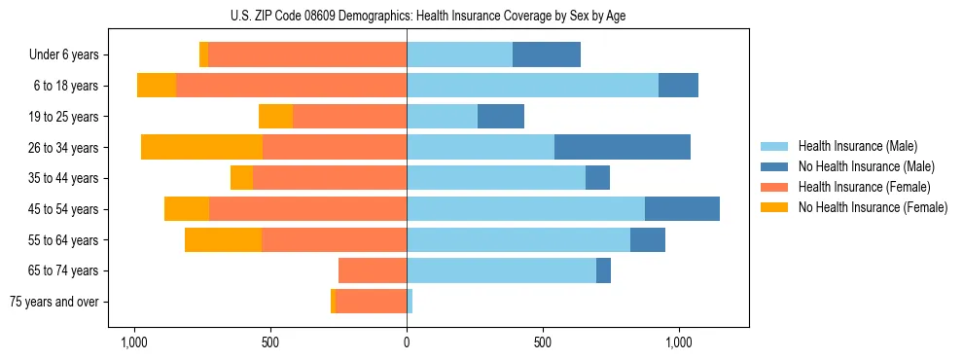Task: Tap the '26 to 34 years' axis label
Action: click(x=63, y=148)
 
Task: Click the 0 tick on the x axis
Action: click(x=407, y=342)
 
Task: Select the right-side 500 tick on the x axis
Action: click(x=543, y=342)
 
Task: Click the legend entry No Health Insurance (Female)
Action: click(x=872, y=207)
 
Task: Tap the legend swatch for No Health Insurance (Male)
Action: click(x=774, y=166)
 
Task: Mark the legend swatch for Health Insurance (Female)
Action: click(x=774, y=187)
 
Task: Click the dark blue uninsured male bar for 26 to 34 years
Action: click(x=623, y=147)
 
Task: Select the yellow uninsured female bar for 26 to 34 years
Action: click(x=201, y=147)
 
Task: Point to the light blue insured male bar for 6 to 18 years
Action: click(x=532, y=86)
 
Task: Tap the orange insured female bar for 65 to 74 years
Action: click(x=373, y=270)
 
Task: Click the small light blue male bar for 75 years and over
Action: click(x=410, y=302)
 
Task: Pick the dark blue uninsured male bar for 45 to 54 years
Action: click(x=682, y=209)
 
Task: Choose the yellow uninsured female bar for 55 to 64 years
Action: click(x=223, y=239)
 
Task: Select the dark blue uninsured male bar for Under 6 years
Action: click(x=547, y=55)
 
